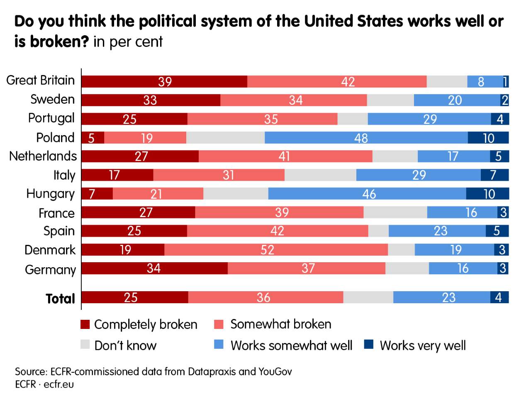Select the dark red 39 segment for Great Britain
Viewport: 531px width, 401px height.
pyautogui.click(x=164, y=82)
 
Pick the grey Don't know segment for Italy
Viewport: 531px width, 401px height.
pyautogui.click(x=320, y=175)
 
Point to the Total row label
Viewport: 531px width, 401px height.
pyautogui.click(x=60, y=298)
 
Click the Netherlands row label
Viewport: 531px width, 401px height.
pyautogui.click(x=43, y=156)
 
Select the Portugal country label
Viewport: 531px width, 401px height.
pyautogui.click(x=51, y=118)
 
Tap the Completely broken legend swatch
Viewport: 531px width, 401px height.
pyautogui.click(x=85, y=324)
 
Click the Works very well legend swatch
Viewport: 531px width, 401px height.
pyautogui.click(x=369, y=345)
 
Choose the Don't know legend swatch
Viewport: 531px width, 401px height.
pyautogui.click(x=85, y=345)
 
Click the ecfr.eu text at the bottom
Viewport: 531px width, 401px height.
pyautogui.click(x=58, y=384)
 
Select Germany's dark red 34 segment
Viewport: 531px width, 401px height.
pyautogui.click(x=154, y=268)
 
